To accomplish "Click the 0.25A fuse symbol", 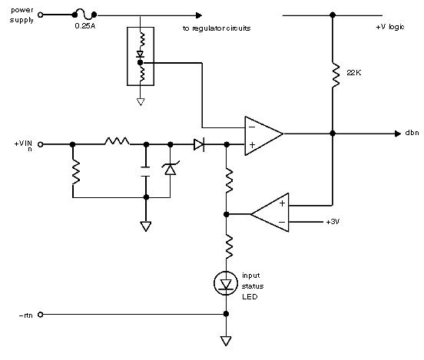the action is (x=84, y=15).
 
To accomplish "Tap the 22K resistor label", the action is (x=353, y=73).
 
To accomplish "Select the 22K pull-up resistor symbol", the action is (x=336, y=75).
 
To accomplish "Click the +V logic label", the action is (x=390, y=27).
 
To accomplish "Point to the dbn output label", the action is (x=412, y=133).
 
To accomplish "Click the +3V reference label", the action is (x=333, y=222).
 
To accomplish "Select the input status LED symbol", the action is (x=226, y=283).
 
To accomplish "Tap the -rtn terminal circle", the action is (x=40, y=314).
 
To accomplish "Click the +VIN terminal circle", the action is (x=40, y=144).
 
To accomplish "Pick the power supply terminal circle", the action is (x=40, y=15).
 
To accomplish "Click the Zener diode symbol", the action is (x=171, y=169).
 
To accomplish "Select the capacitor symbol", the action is (x=145, y=172).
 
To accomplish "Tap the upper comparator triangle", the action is (x=263, y=136).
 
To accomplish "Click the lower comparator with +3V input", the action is (x=270, y=213).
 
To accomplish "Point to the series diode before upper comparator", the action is (x=199, y=144).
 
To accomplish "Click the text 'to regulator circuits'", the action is (x=217, y=28).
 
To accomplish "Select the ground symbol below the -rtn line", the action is (x=226, y=341).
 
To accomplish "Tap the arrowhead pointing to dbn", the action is (x=398, y=134).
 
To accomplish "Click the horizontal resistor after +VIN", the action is (x=117, y=141).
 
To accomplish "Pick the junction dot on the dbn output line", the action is (x=333, y=134).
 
